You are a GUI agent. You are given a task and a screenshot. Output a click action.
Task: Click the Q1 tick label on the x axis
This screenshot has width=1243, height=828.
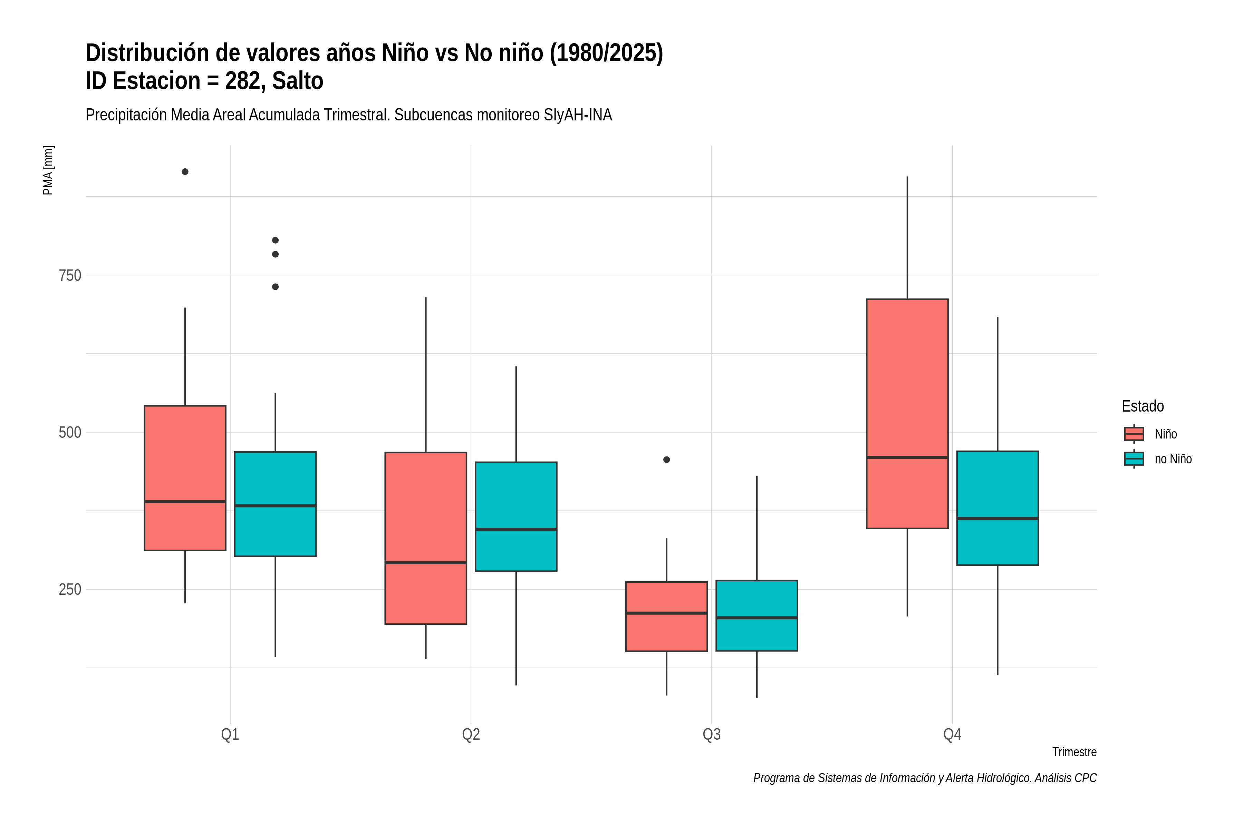(x=230, y=735)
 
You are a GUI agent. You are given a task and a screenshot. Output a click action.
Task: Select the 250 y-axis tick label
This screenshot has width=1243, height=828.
(x=70, y=589)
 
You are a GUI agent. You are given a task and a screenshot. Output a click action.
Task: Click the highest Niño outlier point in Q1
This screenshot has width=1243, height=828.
(x=185, y=171)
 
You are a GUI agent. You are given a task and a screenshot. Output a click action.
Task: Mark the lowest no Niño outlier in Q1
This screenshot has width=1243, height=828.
(x=275, y=287)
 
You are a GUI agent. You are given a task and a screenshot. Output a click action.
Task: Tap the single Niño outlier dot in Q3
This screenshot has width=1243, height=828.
(x=666, y=460)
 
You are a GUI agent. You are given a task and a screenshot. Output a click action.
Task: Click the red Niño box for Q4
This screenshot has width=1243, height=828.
(x=907, y=413)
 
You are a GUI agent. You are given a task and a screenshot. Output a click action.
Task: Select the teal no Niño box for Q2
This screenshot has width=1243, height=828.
(x=516, y=516)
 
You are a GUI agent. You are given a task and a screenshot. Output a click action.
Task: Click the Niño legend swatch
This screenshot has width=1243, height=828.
(x=1134, y=434)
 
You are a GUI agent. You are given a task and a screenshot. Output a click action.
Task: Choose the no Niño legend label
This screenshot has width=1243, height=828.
(x=1173, y=459)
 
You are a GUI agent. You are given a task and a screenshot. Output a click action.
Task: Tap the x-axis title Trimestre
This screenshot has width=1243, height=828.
(x=1075, y=752)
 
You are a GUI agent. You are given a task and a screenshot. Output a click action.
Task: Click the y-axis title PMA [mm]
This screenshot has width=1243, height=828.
(x=48, y=170)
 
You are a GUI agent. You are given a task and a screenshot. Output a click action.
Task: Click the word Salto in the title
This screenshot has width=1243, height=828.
(x=298, y=81)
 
